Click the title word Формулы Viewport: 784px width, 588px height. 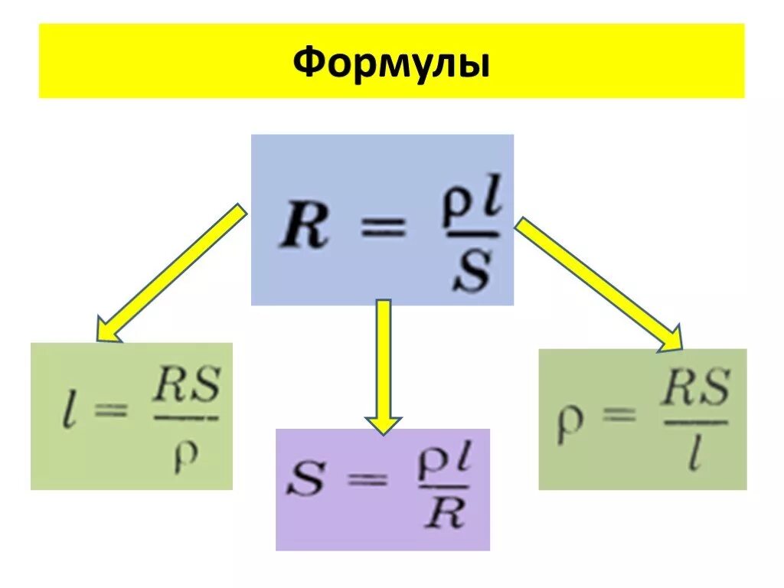tap(391, 63)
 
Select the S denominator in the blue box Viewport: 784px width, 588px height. tap(470, 271)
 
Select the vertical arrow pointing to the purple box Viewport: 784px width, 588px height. tap(383, 366)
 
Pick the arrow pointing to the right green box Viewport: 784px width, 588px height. tap(599, 283)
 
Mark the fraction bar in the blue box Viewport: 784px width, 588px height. tap(469, 234)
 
